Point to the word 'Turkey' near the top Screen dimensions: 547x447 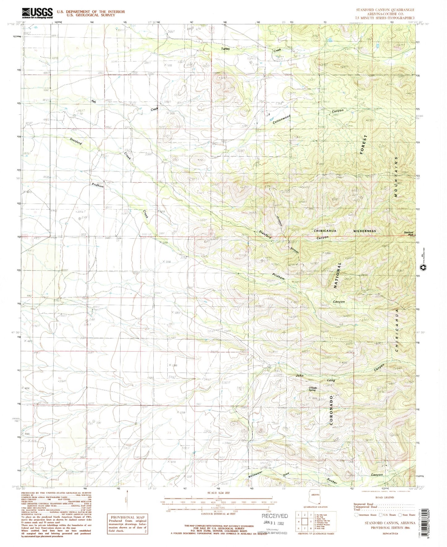[x=226, y=49]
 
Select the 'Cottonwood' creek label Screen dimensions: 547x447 [x=282, y=119]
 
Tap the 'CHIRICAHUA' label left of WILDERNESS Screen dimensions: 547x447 [x=325, y=231]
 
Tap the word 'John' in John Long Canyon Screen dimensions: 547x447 [x=300, y=376]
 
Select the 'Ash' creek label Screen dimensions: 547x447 [x=93, y=101]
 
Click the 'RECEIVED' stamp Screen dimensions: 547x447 [x=275, y=516]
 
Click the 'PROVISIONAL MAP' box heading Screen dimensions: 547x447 [x=127, y=517]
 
